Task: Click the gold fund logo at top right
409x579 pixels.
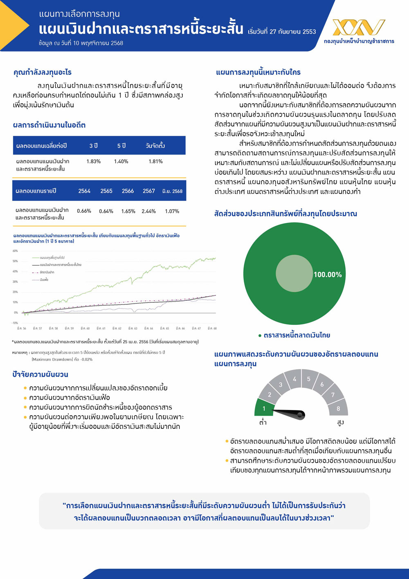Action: click(x=359, y=27)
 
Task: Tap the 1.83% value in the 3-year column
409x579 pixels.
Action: click(x=93, y=162)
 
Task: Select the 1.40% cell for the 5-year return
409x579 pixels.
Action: click(x=121, y=162)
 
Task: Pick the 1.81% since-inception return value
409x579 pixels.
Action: click(x=155, y=162)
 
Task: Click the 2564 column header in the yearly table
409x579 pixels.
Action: click(x=84, y=191)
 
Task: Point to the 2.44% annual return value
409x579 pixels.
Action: click(x=148, y=212)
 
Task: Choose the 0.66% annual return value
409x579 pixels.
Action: click(x=84, y=211)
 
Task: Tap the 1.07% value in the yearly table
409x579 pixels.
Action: click(x=172, y=212)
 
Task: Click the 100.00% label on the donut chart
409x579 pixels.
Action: click(x=328, y=275)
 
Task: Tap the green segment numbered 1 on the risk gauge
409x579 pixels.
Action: click(x=264, y=408)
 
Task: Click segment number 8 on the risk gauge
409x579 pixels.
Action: click(x=338, y=408)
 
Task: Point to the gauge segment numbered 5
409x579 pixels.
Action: click(x=309, y=379)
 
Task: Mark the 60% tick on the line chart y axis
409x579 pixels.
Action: click(x=15, y=251)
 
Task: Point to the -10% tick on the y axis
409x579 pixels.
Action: click(x=15, y=323)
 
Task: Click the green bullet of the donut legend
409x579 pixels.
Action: click(x=260, y=336)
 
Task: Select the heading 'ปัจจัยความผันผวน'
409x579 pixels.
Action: click(x=40, y=374)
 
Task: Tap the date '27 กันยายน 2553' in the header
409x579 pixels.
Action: click(x=293, y=32)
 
